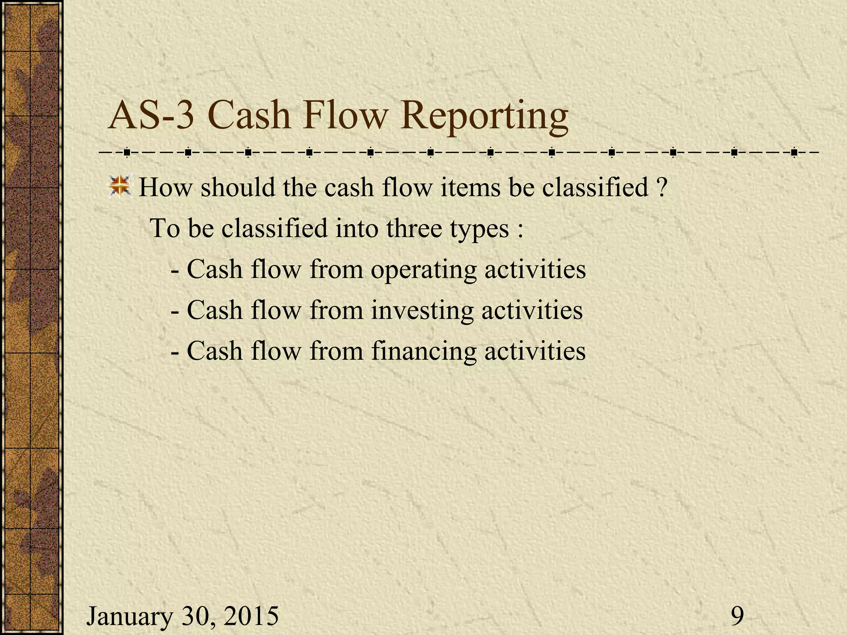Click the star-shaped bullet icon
(119, 186)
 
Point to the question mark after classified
(661, 187)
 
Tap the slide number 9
(737, 616)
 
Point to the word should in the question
(237, 187)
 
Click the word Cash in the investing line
(215, 310)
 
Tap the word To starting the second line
(165, 228)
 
